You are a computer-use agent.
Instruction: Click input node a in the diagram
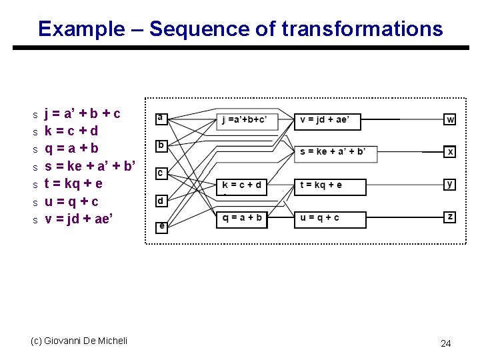[160, 118]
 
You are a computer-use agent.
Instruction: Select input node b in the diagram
[160, 145]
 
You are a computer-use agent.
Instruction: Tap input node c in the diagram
[160, 173]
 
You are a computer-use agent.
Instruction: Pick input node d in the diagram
[160, 200]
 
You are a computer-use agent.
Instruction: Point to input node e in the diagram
[161, 227]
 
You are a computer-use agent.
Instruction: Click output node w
[451, 120]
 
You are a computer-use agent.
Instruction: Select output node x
[451, 152]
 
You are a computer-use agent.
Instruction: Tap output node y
[451, 183]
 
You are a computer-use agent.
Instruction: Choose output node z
[451, 217]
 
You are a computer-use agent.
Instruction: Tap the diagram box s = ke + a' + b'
[335, 153]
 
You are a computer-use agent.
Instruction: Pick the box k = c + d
[241, 185]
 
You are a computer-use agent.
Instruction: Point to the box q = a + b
[241, 218]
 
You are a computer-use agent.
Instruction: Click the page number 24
[446, 343]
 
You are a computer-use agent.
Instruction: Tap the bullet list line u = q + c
[71, 201]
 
